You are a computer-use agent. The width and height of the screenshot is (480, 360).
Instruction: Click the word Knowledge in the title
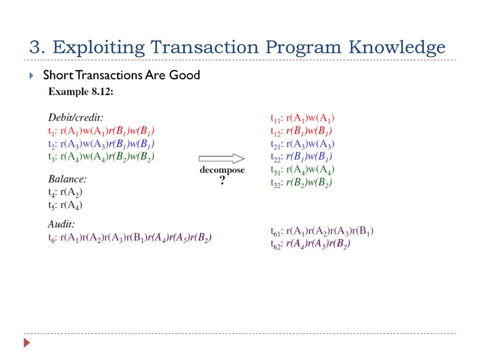[x=397, y=47]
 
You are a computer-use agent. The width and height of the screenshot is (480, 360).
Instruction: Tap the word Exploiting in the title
[x=98, y=47]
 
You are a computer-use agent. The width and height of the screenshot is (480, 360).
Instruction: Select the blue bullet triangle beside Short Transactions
[x=31, y=75]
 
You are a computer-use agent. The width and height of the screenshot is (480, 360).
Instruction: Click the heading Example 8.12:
[x=81, y=91]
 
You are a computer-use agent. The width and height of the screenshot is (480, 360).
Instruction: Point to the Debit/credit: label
[x=76, y=118]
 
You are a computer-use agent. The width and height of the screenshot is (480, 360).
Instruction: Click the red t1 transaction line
[x=101, y=131]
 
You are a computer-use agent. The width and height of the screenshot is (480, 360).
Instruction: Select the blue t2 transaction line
[x=101, y=144]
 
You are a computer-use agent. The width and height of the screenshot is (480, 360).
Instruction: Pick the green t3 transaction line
[x=101, y=157]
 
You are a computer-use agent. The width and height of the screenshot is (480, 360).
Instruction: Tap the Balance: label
[x=67, y=179]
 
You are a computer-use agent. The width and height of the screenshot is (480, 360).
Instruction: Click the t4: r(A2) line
[x=65, y=192]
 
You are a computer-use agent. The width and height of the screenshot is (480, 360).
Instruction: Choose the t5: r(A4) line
[x=65, y=205]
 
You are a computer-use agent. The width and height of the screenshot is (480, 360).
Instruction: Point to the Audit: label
[x=61, y=225]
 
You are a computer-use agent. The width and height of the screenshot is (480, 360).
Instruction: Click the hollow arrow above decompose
[x=222, y=158]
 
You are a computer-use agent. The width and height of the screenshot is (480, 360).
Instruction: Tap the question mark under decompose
[x=222, y=180]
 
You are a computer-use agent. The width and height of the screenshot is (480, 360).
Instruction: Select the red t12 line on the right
[x=301, y=131]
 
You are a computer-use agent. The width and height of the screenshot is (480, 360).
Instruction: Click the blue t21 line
[x=302, y=144]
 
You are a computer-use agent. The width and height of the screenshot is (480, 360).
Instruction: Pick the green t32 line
[x=301, y=183]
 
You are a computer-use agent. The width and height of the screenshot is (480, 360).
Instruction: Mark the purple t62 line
[x=310, y=244]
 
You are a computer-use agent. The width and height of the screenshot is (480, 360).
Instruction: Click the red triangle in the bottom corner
[x=27, y=343]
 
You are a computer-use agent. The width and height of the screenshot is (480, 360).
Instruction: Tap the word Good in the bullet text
[x=185, y=75]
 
